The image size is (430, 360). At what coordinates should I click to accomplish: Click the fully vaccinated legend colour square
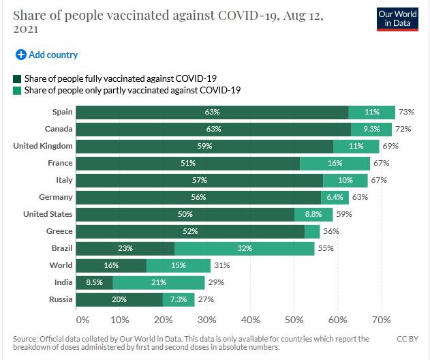[x=18, y=78]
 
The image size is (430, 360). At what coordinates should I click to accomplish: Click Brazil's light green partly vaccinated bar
[x=245, y=248]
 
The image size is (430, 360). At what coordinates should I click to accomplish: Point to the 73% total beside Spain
[x=406, y=112]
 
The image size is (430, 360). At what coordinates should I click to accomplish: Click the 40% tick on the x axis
[x=251, y=319]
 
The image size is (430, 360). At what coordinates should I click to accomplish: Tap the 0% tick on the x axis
[x=82, y=319]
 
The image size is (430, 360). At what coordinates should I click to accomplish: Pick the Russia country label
[x=61, y=299]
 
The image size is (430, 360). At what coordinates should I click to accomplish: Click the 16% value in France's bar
[x=335, y=163]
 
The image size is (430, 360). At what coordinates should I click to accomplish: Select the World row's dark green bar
[x=111, y=265]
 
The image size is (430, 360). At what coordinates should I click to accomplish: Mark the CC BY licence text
[x=407, y=339]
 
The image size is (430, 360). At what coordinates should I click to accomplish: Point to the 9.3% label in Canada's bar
[x=371, y=129]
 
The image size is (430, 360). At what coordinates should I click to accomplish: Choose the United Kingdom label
[x=43, y=146]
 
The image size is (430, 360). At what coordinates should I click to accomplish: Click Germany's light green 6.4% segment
[x=335, y=197]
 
